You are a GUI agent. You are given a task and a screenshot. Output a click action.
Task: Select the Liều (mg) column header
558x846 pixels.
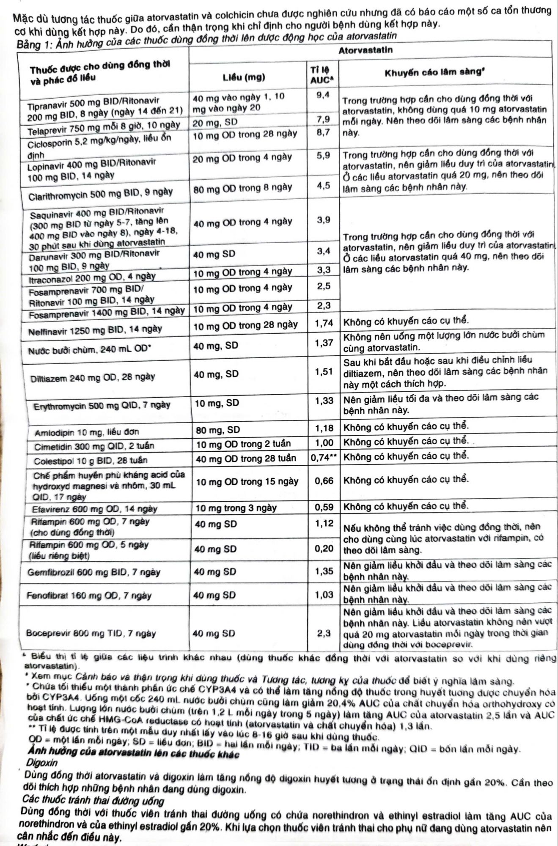[244, 77]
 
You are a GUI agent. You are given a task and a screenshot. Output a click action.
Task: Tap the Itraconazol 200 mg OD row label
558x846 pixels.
[92, 277]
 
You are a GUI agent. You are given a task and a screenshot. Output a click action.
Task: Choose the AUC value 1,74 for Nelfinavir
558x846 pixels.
[324, 324]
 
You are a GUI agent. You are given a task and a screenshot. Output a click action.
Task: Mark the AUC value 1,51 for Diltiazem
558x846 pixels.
[324, 372]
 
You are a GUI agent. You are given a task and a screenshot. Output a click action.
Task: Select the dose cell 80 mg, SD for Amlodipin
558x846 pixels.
[218, 430]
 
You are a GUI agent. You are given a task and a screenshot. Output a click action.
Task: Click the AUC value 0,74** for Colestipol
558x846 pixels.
[324, 458]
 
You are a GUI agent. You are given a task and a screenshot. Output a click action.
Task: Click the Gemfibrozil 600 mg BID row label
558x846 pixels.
[94, 572]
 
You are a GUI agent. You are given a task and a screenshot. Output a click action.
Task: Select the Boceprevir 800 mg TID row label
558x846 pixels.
[91, 633]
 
